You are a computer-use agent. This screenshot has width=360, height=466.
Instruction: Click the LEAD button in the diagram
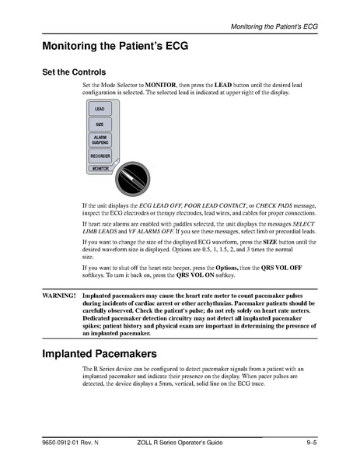[100, 110]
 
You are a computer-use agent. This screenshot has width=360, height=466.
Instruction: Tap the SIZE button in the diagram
[100, 124]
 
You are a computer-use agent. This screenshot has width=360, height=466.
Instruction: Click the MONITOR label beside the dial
[100, 168]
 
